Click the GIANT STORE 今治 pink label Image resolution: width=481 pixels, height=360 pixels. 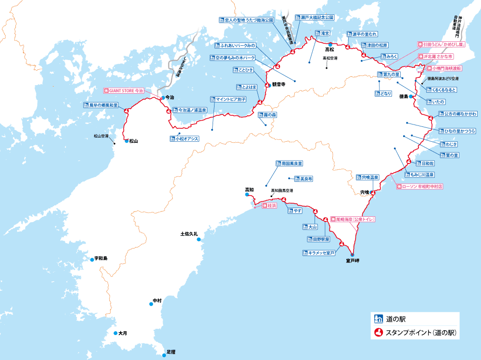click(124, 90)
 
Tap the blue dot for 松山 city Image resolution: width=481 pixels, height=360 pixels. click(126, 141)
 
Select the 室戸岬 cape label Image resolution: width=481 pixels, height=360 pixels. click(353, 261)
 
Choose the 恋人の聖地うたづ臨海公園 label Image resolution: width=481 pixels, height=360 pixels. click(246, 21)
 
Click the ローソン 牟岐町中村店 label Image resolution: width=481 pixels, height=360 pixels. click(419, 186)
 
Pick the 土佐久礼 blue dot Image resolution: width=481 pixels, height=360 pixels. click(199, 239)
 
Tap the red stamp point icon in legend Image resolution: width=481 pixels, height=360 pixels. click(379, 332)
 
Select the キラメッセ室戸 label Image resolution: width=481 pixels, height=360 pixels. click(318, 252)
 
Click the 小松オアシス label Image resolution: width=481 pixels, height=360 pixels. click(184, 139)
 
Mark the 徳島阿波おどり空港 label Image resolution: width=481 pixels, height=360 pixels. click(443, 78)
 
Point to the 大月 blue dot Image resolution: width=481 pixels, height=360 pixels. click(115, 333)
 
